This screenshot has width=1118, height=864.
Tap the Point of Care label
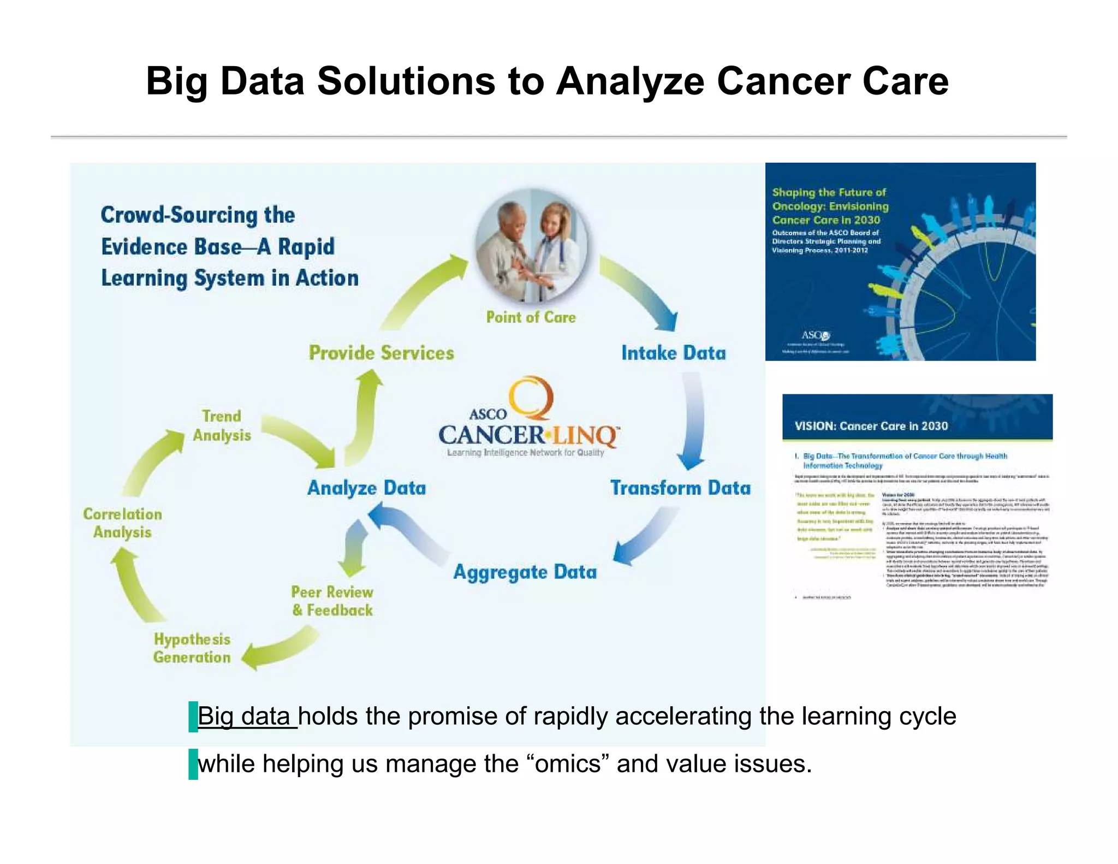pyautogui.click(x=531, y=317)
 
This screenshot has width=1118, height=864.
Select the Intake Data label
pyautogui.click(x=673, y=353)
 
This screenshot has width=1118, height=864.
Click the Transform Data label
pyautogui.click(x=680, y=488)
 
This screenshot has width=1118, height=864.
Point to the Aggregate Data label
pyautogui.click(x=525, y=572)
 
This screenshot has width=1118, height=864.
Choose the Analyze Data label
pyautogui.click(x=366, y=488)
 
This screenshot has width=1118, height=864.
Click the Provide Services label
pyautogui.click(x=381, y=353)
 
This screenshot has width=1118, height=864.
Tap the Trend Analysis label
pyautogui.click(x=222, y=426)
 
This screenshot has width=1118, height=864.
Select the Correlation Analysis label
pyautogui.click(x=122, y=523)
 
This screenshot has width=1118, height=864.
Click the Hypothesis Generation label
pyautogui.click(x=192, y=648)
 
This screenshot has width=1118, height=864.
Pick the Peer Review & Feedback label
pyautogui.click(x=332, y=601)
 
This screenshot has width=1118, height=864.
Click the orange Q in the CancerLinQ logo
pyautogui.click(x=531, y=398)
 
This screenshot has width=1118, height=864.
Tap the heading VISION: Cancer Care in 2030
pyautogui.click(x=871, y=426)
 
